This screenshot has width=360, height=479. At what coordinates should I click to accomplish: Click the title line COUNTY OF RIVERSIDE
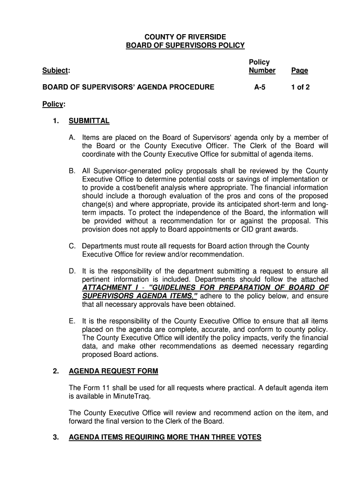185,36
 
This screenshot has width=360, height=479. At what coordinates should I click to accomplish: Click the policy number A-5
259,87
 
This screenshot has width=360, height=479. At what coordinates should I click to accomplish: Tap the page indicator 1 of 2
300,87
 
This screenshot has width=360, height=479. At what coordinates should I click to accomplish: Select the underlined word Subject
55,71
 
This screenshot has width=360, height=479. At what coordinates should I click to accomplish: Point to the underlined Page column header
299,71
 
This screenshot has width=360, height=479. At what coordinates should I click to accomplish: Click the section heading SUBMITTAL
89,121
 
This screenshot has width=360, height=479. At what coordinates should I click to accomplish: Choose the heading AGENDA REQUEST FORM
113,371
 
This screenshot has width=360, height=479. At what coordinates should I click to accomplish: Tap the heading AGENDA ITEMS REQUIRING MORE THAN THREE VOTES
165,437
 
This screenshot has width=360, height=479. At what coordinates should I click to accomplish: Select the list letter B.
72,171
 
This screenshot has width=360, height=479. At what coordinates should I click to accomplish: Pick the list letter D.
72,271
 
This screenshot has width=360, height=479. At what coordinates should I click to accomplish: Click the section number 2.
56,371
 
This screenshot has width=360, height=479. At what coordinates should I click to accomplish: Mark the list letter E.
72,321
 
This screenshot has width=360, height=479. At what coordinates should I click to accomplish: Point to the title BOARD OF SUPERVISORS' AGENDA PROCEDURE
129,87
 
